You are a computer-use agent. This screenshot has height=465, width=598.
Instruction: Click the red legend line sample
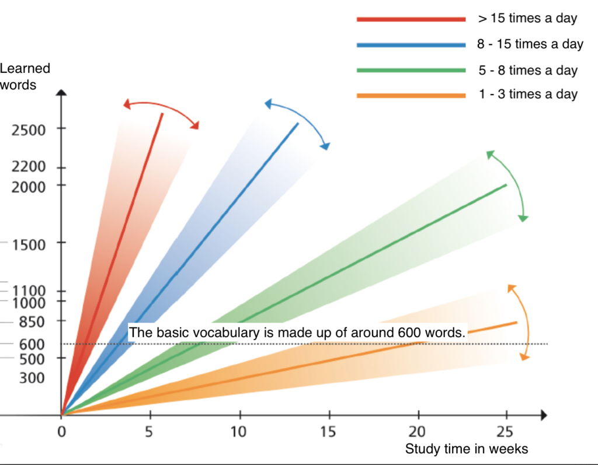[x=411, y=19]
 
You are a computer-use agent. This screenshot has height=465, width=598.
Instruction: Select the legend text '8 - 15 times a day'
[x=530, y=44]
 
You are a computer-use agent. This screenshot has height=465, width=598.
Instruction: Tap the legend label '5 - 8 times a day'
[x=528, y=70]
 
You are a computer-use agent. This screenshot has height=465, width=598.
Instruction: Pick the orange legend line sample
[x=411, y=96]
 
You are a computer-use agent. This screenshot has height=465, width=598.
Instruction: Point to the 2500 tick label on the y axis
[x=29, y=130]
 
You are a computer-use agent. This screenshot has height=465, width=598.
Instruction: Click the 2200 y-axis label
[x=29, y=166]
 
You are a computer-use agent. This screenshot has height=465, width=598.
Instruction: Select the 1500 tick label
[x=29, y=244]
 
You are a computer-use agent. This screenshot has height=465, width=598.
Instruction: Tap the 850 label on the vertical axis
[x=32, y=321]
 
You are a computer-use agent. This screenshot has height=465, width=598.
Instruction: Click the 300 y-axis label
[x=32, y=377]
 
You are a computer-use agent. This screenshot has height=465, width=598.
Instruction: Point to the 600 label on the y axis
[x=32, y=344]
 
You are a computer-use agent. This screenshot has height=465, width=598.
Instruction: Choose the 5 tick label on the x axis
[x=149, y=432]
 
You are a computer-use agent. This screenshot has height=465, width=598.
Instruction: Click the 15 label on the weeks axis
[x=328, y=432]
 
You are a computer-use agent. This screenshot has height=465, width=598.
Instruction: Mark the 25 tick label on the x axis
[x=505, y=432]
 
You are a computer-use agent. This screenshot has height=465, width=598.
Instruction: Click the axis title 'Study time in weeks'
[x=467, y=449]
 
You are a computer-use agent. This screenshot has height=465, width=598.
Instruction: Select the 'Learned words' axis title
[x=25, y=76]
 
